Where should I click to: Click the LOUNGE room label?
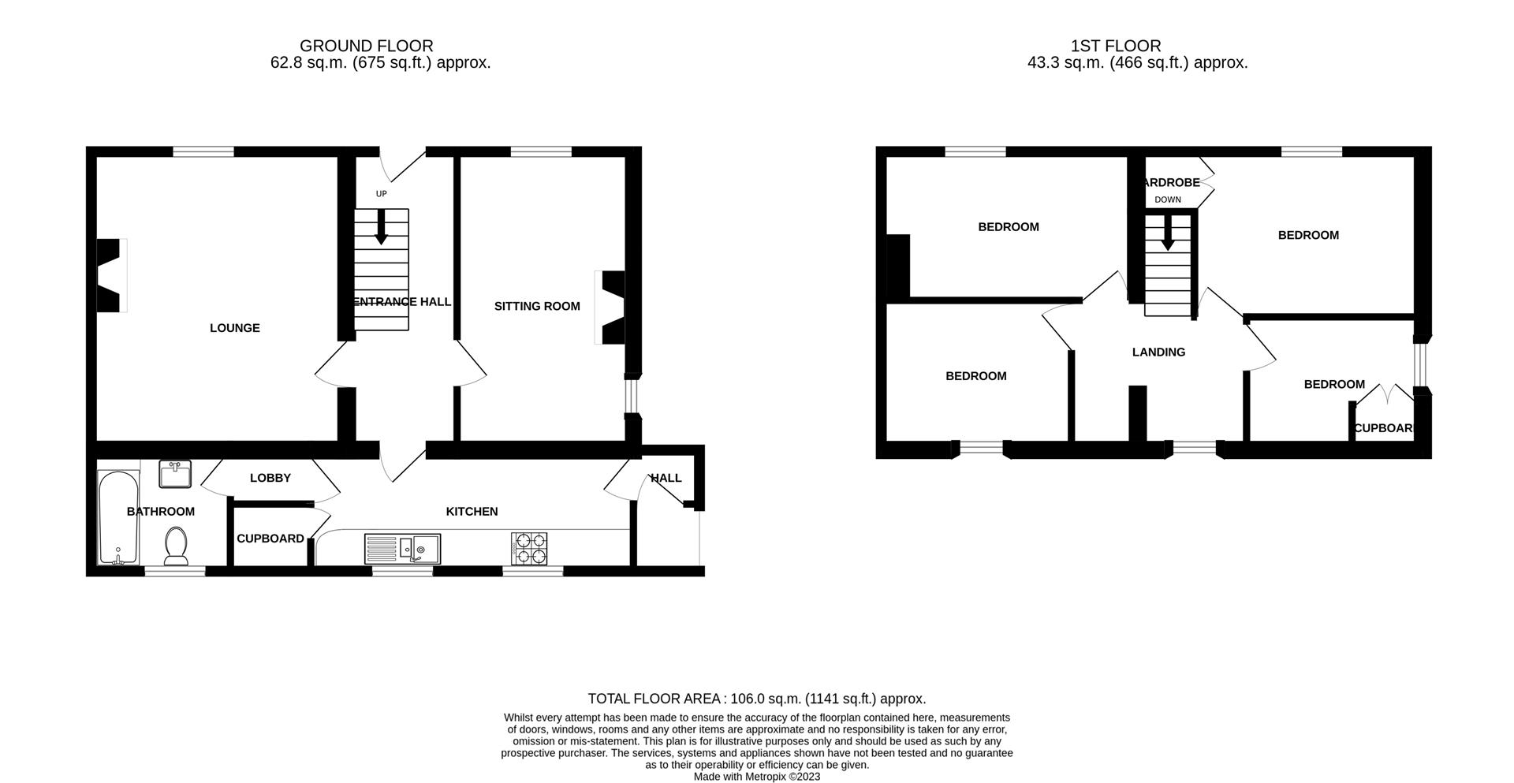(x=234, y=328)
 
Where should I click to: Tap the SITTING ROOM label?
(x=537, y=306)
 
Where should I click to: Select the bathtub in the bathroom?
(x=117, y=517)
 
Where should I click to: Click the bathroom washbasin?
(x=175, y=474)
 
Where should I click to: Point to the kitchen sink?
(x=403, y=547)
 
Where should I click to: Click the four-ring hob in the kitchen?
(x=529, y=548)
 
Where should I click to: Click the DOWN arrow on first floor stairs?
(x=1167, y=234)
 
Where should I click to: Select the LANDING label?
(x=1158, y=352)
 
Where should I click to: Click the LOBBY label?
(x=270, y=478)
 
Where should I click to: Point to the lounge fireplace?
(x=110, y=276)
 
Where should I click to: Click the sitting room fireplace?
(x=612, y=308)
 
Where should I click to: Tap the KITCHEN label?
(x=472, y=511)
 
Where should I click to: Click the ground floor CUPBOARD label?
(x=270, y=539)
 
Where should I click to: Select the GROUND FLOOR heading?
(x=366, y=46)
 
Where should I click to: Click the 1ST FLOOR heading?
(x=1115, y=46)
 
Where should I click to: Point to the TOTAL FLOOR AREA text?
(x=756, y=699)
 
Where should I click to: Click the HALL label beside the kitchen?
(x=666, y=478)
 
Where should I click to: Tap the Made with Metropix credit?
(x=756, y=777)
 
